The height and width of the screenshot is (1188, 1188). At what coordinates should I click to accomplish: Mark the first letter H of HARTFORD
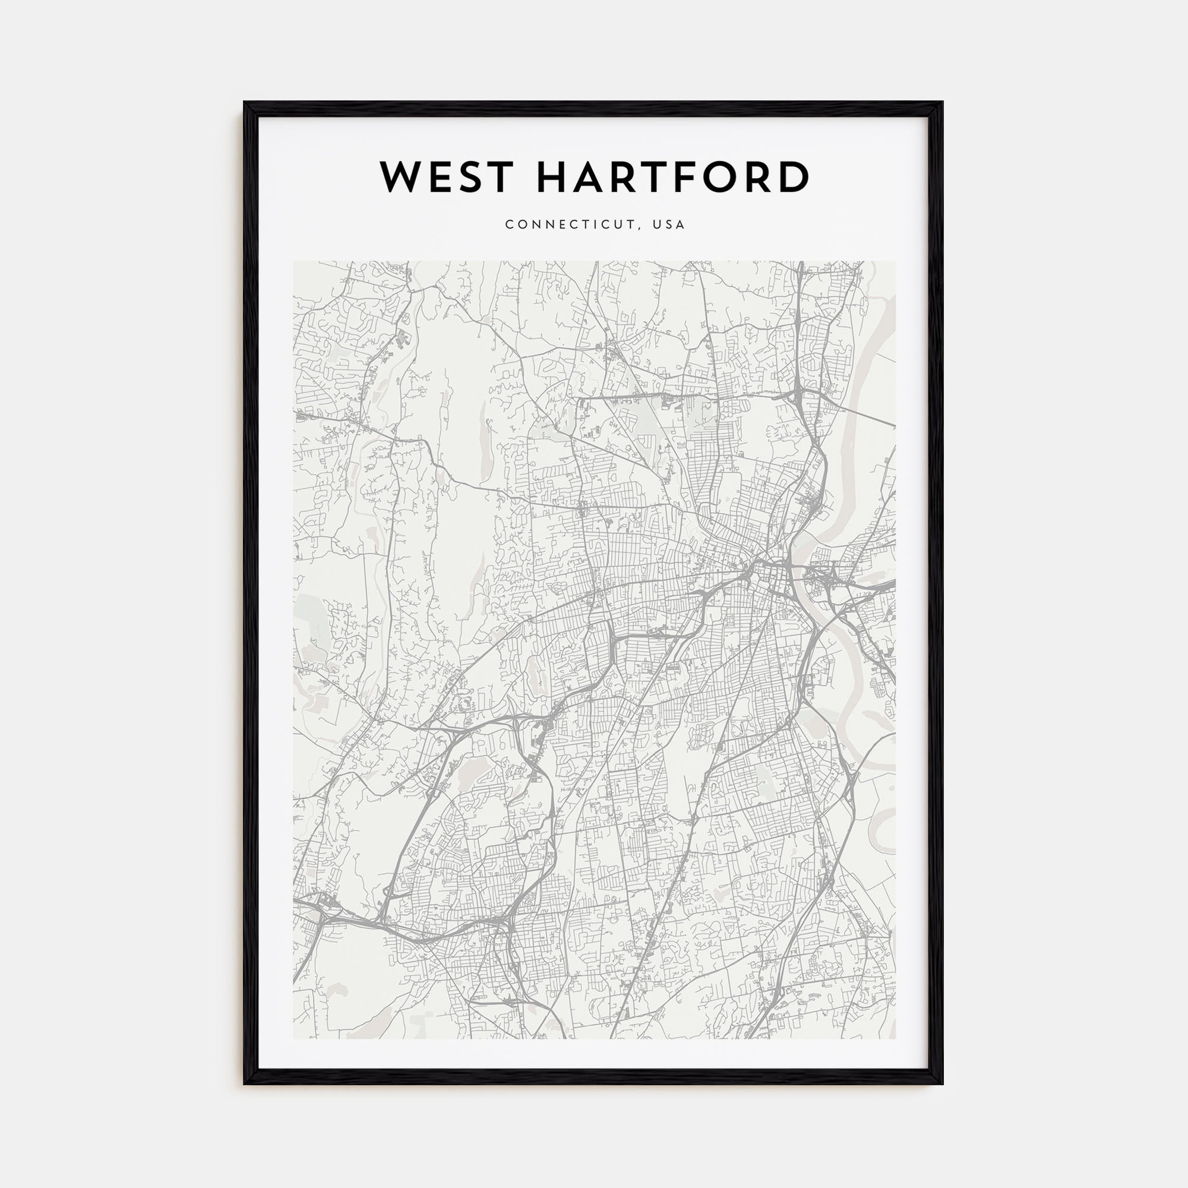pos(553,177)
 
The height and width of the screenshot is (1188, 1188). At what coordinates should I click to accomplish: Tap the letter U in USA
pos(658,225)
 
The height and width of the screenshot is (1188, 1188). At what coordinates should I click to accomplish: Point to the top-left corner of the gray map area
pos(293,261)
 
